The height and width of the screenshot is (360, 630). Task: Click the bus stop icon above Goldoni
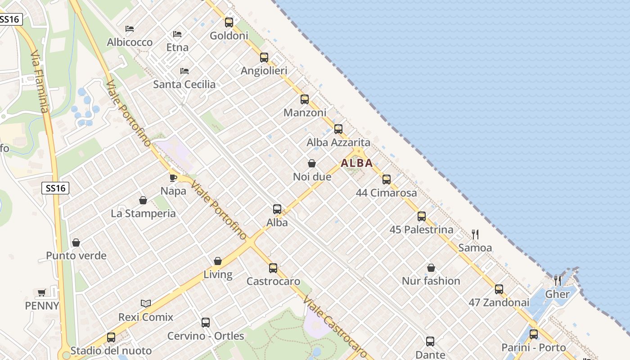pos(229,22)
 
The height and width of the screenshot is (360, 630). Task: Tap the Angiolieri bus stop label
pos(264,71)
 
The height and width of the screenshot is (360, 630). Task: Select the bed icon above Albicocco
pos(130,29)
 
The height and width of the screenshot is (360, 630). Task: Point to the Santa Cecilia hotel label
pos(184,84)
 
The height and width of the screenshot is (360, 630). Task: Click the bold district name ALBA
pos(357,163)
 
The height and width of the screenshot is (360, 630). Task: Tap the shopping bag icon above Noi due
pos(311,163)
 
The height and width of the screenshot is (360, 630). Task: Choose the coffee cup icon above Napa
pos(173,178)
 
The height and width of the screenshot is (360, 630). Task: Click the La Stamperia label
pos(143,213)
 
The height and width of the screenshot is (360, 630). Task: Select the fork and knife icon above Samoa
pos(475,234)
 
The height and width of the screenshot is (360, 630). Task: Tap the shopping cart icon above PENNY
pos(42,293)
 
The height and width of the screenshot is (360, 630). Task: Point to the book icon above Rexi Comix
pos(145,303)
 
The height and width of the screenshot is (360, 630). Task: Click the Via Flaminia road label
pos(39,81)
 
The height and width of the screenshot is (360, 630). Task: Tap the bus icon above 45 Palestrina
pos(421,216)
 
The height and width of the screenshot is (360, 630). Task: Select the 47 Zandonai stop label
pos(499,302)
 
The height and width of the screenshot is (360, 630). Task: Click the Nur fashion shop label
pos(431,281)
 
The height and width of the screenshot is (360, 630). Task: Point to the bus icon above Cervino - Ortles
pos(206,323)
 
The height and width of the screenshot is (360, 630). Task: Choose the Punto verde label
pos(76,256)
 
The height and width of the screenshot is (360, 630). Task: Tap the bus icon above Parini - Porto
pos(533,334)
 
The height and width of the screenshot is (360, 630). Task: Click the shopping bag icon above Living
pos(218,261)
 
